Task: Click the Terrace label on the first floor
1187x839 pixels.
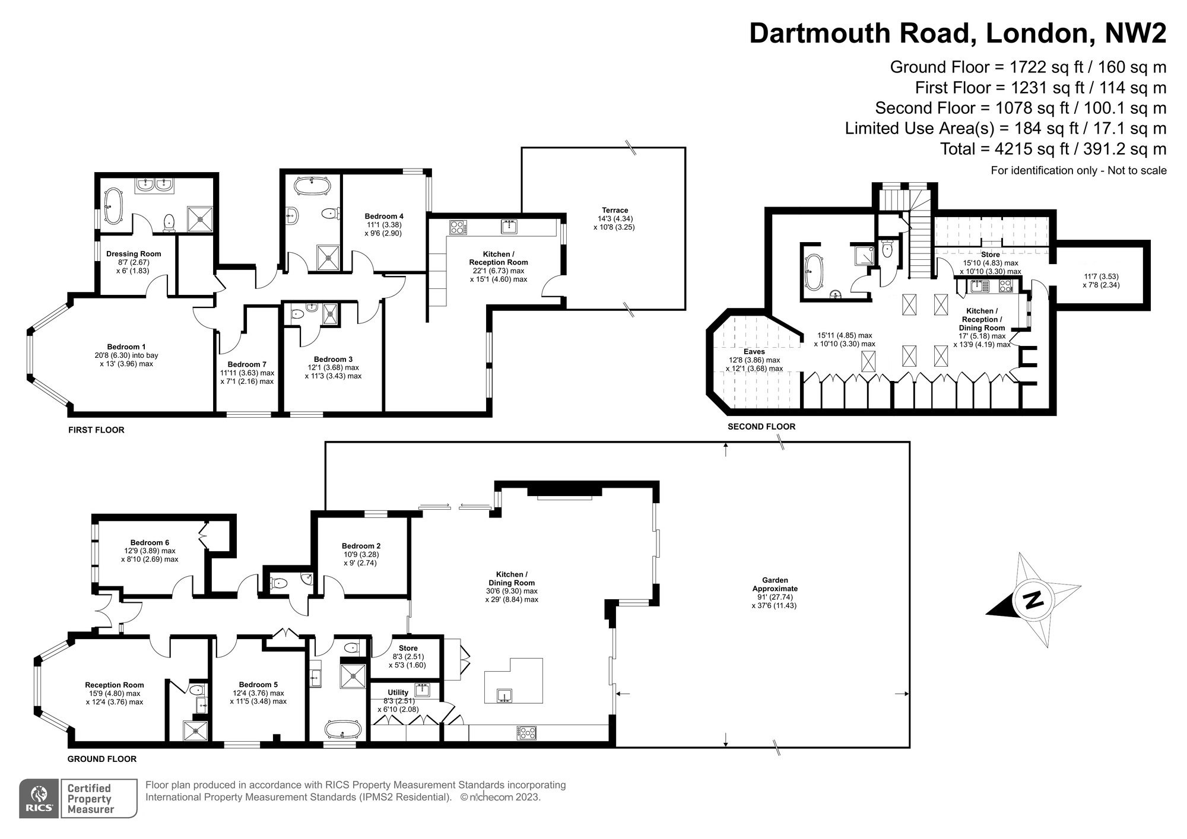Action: pyautogui.click(x=614, y=210)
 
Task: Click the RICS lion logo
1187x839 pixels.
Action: pyautogui.click(x=39, y=798)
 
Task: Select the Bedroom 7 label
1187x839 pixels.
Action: pyautogui.click(x=247, y=364)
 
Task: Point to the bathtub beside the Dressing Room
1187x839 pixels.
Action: pyautogui.click(x=113, y=206)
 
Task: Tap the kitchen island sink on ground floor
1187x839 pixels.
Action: pyautogui.click(x=505, y=695)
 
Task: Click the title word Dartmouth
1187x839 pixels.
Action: pyautogui.click(x=822, y=33)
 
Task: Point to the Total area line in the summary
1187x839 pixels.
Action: pyautogui.click(x=1053, y=148)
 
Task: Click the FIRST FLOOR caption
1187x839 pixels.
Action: pyautogui.click(x=96, y=430)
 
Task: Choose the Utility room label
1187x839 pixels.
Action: pyautogui.click(x=398, y=692)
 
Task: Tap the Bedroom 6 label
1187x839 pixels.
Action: pyautogui.click(x=150, y=542)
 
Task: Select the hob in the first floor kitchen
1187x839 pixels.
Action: pyautogui.click(x=458, y=227)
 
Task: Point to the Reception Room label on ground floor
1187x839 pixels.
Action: pyautogui.click(x=114, y=685)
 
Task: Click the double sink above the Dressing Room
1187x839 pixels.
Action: pyautogui.click(x=154, y=186)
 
